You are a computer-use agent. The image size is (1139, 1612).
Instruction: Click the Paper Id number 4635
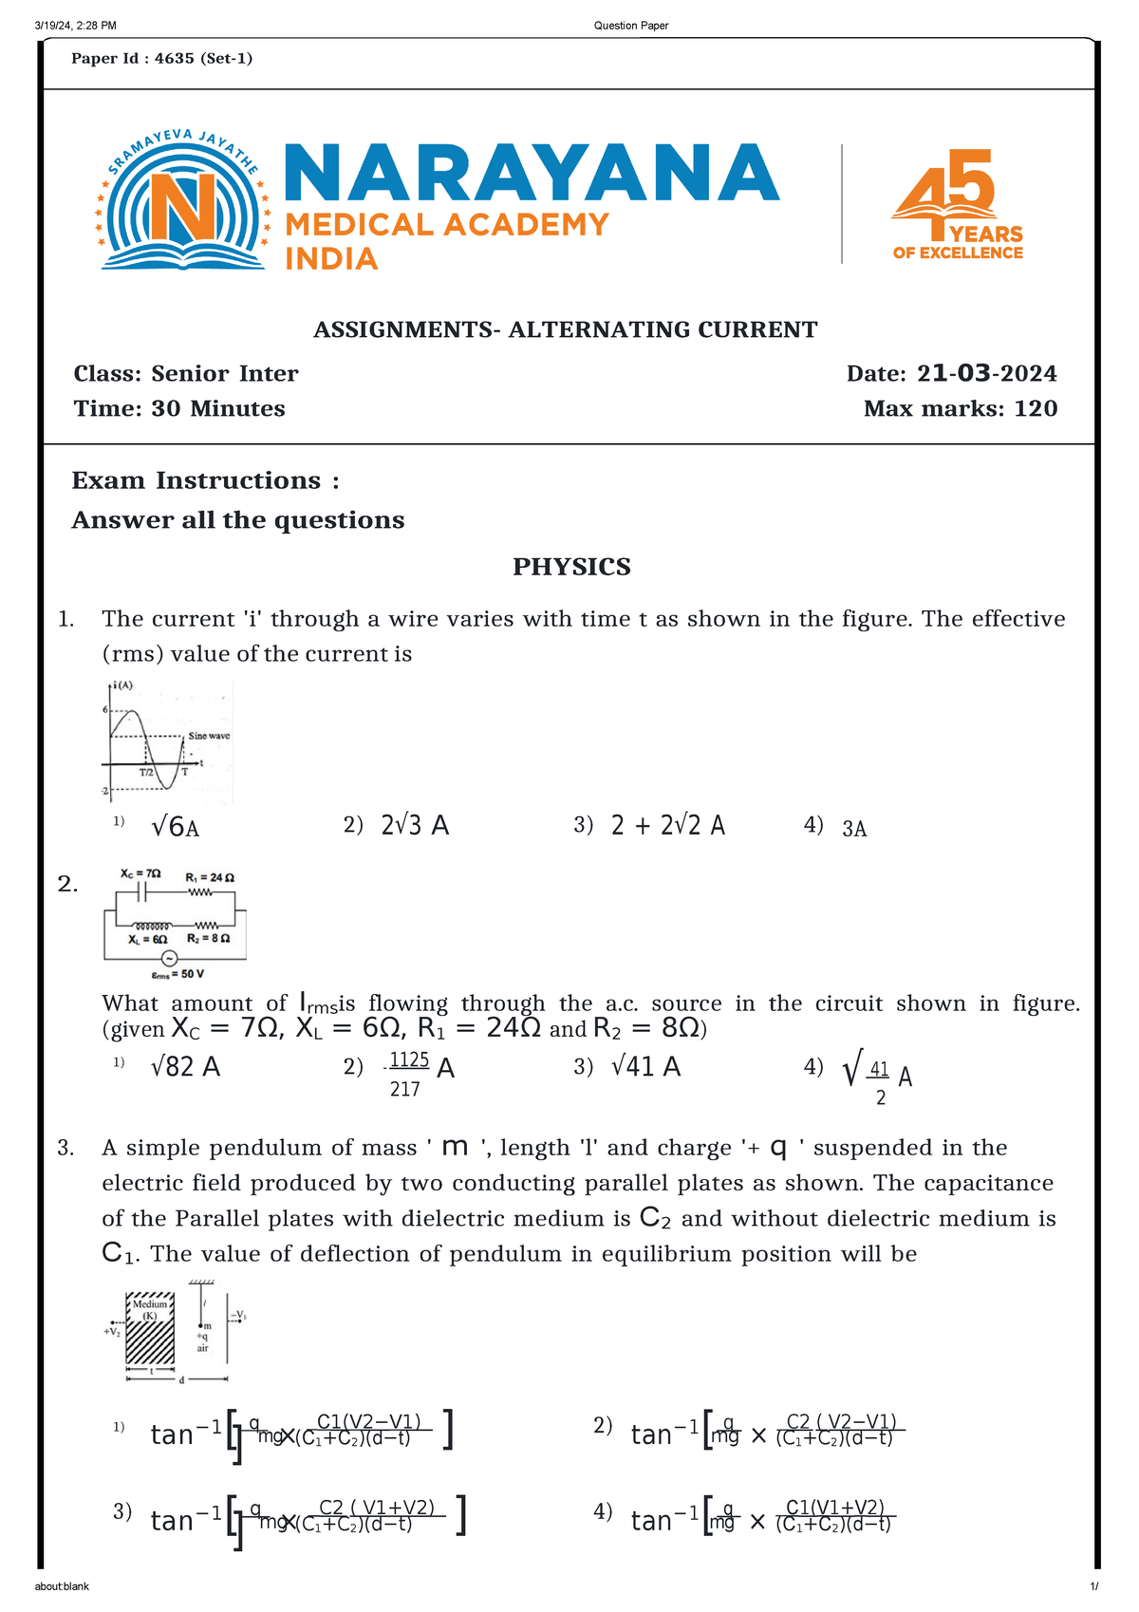coord(174,59)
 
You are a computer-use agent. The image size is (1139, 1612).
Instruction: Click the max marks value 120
coord(1036,409)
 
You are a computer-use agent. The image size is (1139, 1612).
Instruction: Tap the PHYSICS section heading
coord(571,567)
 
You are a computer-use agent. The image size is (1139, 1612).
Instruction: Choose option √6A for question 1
coord(175,828)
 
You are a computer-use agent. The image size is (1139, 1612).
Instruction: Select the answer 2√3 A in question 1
coord(415,826)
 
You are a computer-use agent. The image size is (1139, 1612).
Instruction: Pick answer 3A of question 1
coord(854,829)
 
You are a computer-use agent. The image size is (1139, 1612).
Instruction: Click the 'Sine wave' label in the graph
coord(209,736)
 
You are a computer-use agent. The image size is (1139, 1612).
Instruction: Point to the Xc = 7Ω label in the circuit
coord(140,873)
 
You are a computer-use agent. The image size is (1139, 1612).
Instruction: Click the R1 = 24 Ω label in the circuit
coord(210,877)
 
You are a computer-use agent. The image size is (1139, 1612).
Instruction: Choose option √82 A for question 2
coord(185,1068)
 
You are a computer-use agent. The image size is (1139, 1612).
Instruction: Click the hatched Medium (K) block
coord(150,1330)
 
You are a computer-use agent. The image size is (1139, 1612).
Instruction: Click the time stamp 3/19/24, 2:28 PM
coord(75,26)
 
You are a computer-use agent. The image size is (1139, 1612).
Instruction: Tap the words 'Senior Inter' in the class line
coord(225,374)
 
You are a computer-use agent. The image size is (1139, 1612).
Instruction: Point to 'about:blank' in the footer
coord(62,1586)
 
